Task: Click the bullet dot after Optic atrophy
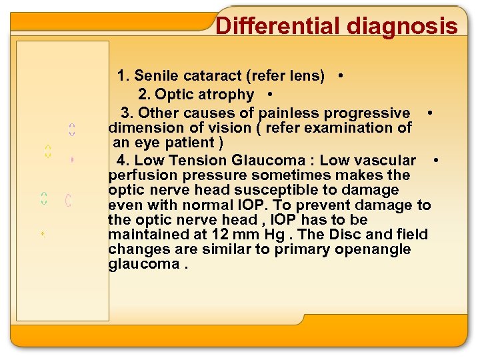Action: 267,95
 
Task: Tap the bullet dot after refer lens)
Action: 341,76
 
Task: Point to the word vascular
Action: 387,161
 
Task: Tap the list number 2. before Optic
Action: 144,95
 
